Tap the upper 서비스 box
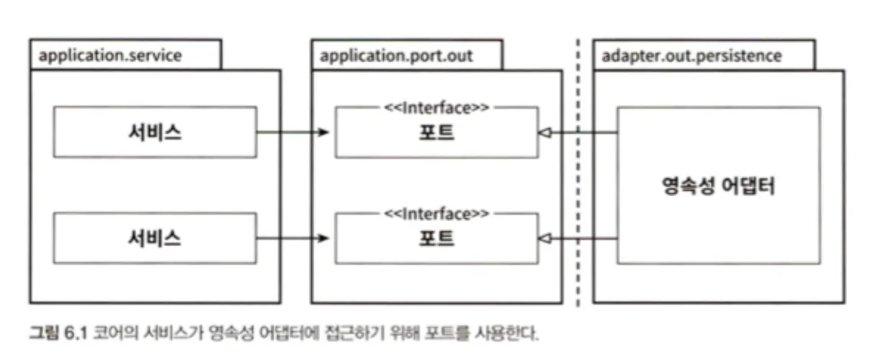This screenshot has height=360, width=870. pyautogui.click(x=155, y=132)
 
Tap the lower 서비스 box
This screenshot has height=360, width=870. pyautogui.click(x=155, y=238)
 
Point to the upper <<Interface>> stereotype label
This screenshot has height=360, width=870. pyautogui.click(x=436, y=108)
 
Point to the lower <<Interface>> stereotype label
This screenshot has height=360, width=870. pyautogui.click(x=436, y=214)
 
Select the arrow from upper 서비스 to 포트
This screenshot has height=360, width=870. pyautogui.click(x=292, y=132)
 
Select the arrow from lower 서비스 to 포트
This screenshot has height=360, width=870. pyautogui.click(x=292, y=238)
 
